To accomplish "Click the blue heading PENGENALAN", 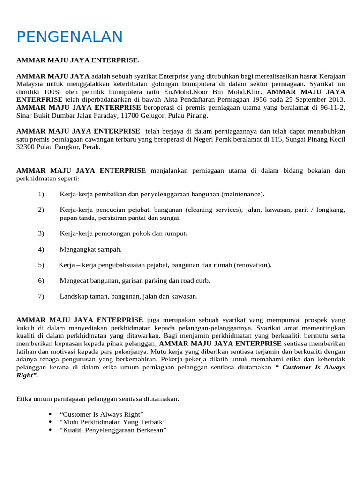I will (69, 37).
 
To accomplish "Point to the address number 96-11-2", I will (334, 108).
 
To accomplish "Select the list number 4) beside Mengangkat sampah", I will (41, 249).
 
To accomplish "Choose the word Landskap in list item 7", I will (73, 296).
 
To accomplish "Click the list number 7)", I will (41, 296).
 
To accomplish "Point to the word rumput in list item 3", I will (163, 233).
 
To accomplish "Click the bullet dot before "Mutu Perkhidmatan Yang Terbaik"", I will (50, 422).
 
